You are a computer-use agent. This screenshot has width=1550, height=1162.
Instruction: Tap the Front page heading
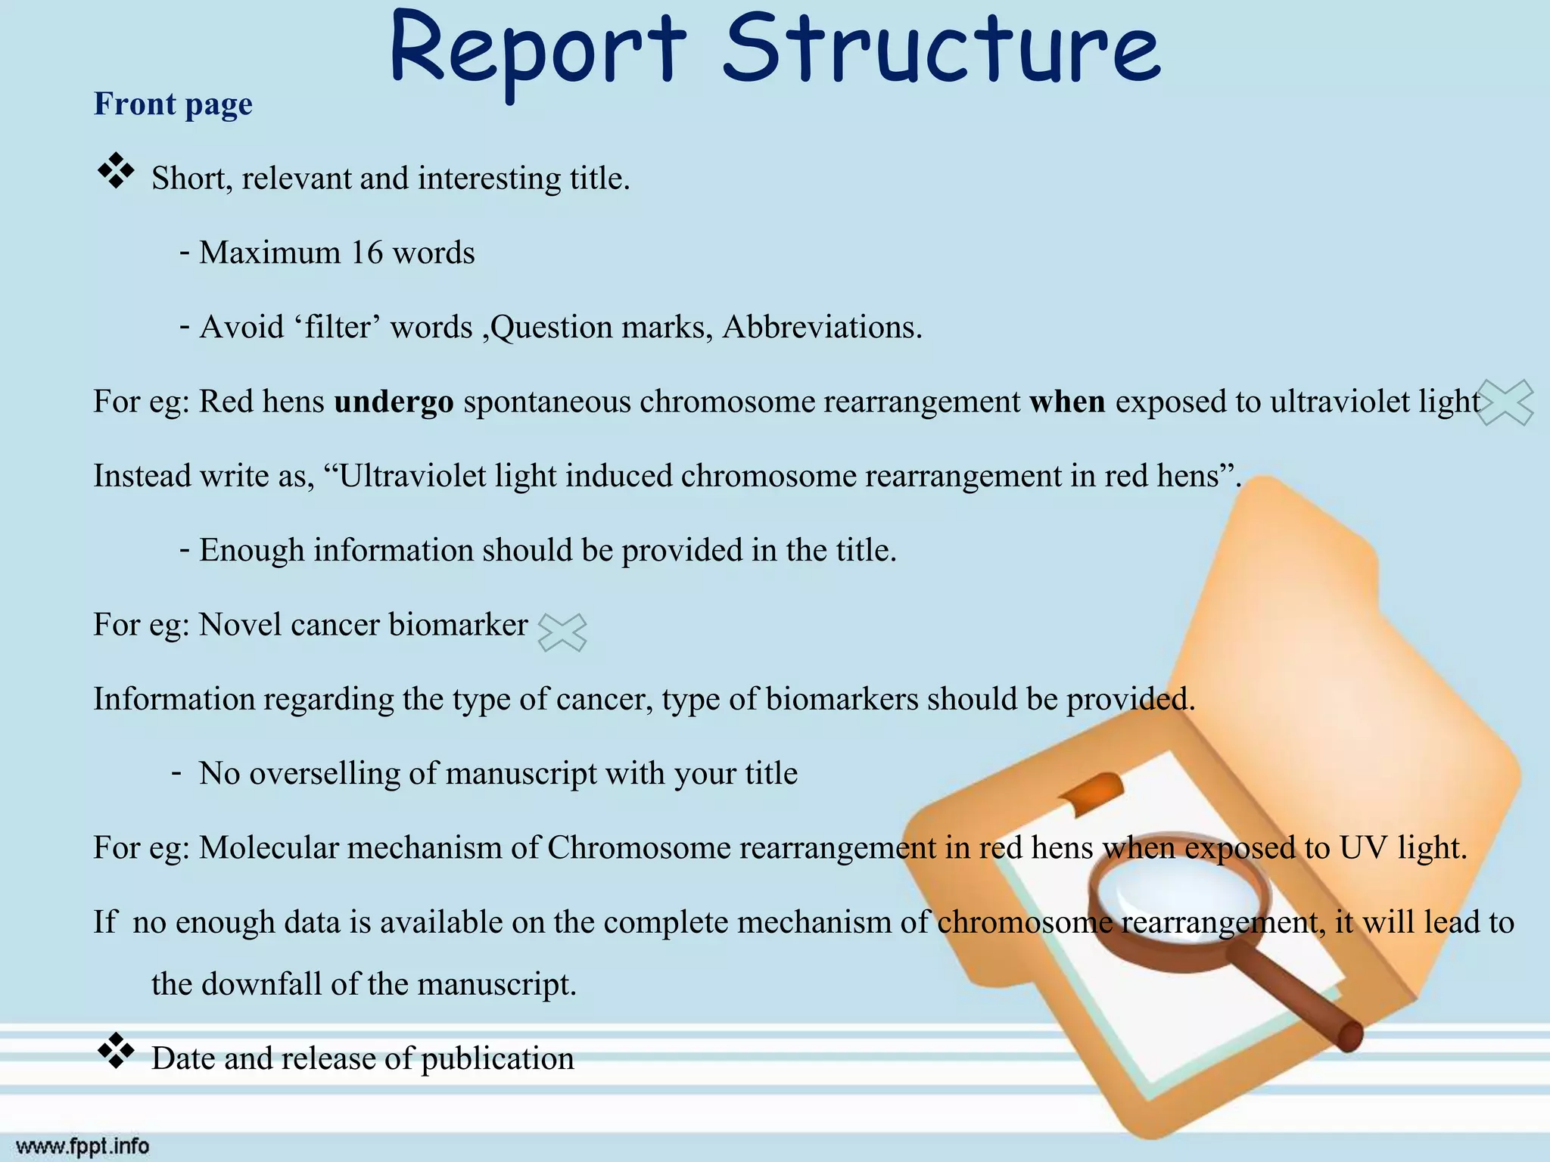click(x=173, y=104)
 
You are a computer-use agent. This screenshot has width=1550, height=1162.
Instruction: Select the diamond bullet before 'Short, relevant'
click(x=116, y=171)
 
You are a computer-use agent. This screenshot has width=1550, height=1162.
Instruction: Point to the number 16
click(x=367, y=253)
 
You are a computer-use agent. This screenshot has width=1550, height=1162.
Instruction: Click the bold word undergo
click(x=394, y=402)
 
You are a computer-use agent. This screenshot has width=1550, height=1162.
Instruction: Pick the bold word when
click(x=1067, y=402)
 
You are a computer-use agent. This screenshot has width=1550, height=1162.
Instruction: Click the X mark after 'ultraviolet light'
click(x=1505, y=402)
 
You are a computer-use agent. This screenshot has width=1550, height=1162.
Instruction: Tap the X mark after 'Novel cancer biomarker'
click(x=562, y=632)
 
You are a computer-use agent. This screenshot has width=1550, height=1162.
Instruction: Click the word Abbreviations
click(x=822, y=328)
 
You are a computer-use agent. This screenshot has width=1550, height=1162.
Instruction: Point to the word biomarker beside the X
click(x=458, y=626)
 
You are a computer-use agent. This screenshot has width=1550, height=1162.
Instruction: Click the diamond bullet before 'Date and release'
click(x=116, y=1051)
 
